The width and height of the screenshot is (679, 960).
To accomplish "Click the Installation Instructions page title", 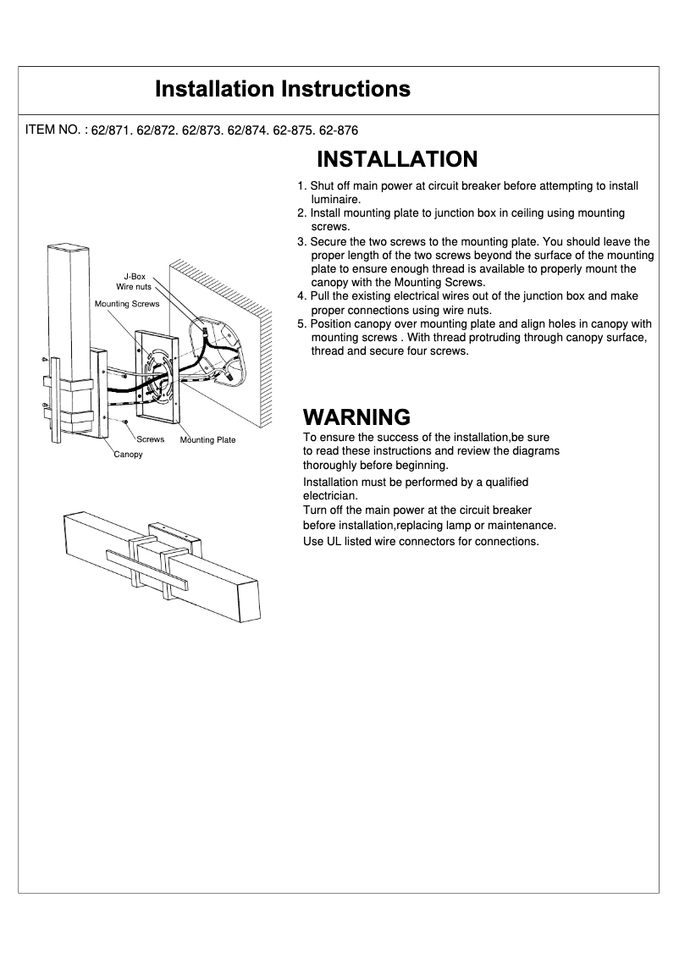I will pos(283,89).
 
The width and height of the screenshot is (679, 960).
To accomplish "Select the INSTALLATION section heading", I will pos(396,159).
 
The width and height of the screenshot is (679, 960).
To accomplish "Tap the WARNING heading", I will pos(356,417).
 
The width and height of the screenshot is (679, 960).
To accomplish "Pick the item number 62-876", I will pos(339,131).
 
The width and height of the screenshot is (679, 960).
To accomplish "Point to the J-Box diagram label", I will pos(135,276).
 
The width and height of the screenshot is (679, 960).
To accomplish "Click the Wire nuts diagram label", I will pos(134,287).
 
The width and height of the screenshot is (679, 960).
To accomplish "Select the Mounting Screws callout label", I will pos(127,303).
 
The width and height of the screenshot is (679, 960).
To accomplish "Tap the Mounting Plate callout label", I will pos(207,440).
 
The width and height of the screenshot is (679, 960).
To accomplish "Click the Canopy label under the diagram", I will pos(129,455).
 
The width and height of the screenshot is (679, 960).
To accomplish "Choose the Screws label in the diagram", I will pos(151,439).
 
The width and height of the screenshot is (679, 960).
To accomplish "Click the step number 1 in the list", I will pos(301,186).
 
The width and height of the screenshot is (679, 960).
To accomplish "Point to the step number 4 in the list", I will pos(301,296).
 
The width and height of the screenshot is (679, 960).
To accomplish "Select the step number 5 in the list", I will pos(301,324).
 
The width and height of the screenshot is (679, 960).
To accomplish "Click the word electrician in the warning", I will pos(330,495).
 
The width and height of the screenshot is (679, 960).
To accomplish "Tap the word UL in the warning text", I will pos(333,541).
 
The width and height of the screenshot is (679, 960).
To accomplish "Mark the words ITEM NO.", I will pos(53,130).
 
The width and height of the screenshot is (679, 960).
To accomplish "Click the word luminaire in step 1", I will pos(338,200).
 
